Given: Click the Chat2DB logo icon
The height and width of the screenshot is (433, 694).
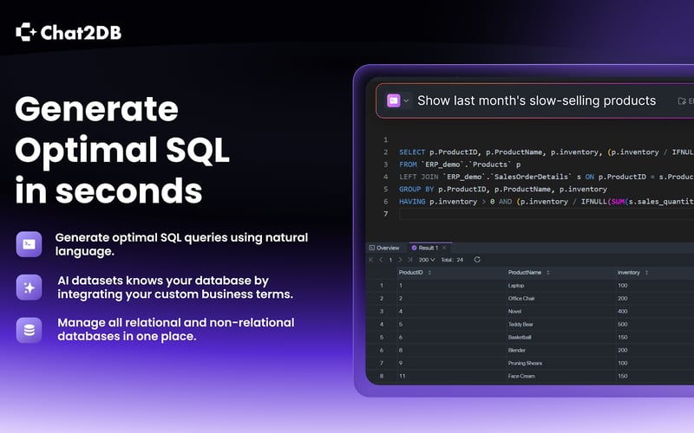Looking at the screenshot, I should tap(26, 33).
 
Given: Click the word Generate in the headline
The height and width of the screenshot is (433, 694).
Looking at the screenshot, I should tap(96, 110).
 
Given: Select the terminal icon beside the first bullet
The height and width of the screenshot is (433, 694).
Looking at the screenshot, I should tap(29, 244).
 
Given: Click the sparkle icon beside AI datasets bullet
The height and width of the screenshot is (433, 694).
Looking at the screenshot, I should tap(29, 288).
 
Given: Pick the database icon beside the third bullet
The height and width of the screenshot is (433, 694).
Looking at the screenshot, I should tap(29, 330).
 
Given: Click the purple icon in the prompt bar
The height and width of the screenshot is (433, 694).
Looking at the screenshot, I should tap(394, 100).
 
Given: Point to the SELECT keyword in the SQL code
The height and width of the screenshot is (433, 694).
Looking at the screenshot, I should tap(412, 152).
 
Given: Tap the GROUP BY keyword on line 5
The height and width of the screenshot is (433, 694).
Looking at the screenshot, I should tap(416, 189).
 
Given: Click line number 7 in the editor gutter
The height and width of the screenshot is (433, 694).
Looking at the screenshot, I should tap(384, 214).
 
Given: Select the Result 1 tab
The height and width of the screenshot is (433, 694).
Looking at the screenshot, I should tap(426, 248).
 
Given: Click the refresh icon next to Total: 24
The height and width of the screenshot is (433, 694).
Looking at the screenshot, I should tap(476, 259).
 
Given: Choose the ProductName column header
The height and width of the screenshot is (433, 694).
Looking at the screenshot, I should tap(524, 272).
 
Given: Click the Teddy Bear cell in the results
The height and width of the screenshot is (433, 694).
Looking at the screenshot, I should tap(522, 325).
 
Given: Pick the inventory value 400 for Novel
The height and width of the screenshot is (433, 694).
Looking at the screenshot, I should tap(623, 312).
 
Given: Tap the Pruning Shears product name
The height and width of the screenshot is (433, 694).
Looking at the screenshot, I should tap(527, 364).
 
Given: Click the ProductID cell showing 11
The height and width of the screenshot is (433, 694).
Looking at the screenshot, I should tap(403, 377).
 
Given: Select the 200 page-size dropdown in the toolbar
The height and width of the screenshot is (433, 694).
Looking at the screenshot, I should tap(427, 259).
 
